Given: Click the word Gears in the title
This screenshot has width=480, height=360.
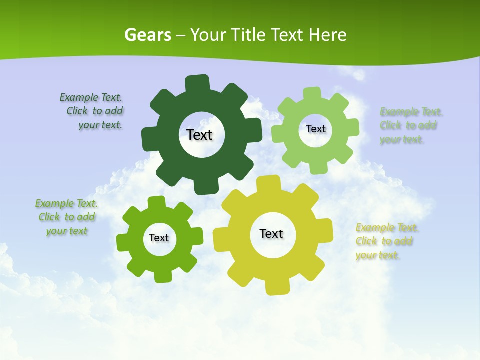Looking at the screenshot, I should [x=147, y=35].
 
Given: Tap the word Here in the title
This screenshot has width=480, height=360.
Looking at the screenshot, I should [x=327, y=35].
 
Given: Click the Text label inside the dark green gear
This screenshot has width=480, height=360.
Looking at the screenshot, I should [x=200, y=135].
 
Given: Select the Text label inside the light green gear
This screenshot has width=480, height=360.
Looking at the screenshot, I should [x=315, y=129].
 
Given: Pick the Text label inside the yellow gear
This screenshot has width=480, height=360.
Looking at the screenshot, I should [x=271, y=233].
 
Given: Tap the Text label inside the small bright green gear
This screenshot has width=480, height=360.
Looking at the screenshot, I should [x=159, y=238].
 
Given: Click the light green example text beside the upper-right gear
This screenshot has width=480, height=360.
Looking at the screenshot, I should [x=411, y=126].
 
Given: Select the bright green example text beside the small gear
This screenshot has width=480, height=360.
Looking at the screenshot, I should [x=67, y=217].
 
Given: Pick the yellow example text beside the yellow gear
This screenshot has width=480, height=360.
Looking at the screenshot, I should [x=386, y=242].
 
